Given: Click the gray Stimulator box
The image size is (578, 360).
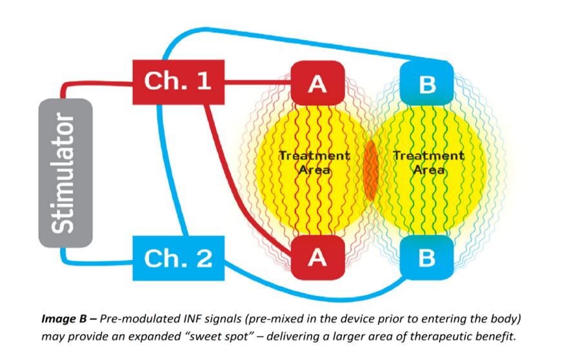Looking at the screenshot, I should click(x=65, y=173).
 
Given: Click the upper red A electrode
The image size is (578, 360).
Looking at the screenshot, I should click(x=317, y=83).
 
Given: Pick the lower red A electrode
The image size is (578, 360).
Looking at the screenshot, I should click(x=317, y=257).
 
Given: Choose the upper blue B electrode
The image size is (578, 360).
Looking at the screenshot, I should click(x=426, y=83).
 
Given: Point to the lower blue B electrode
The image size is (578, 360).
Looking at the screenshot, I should click(x=426, y=257).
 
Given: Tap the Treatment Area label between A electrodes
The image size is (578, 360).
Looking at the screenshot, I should click(x=315, y=163).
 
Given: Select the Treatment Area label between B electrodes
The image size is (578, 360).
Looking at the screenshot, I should click(x=428, y=163).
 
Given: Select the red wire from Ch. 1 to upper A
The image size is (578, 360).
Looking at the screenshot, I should click(x=258, y=82).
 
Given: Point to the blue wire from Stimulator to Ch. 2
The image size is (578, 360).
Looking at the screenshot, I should click(x=97, y=261).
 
